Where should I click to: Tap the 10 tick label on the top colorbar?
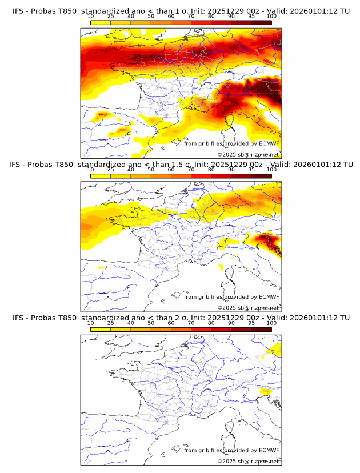tap(91, 16)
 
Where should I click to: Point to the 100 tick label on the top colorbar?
tap(271, 16)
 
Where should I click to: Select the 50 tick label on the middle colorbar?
tap(151, 169)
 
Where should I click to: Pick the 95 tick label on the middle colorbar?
tap(251, 169)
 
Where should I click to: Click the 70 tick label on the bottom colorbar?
tap(191, 323)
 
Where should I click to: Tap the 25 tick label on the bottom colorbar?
tap(111, 323)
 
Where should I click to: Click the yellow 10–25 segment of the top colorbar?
tap(101, 22)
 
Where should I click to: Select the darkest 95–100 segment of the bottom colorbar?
tap(261, 328)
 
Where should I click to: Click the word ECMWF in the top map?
tap(269, 143)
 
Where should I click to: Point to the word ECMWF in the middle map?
tap(269, 296)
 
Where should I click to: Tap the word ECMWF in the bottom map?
tap(269, 450)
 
